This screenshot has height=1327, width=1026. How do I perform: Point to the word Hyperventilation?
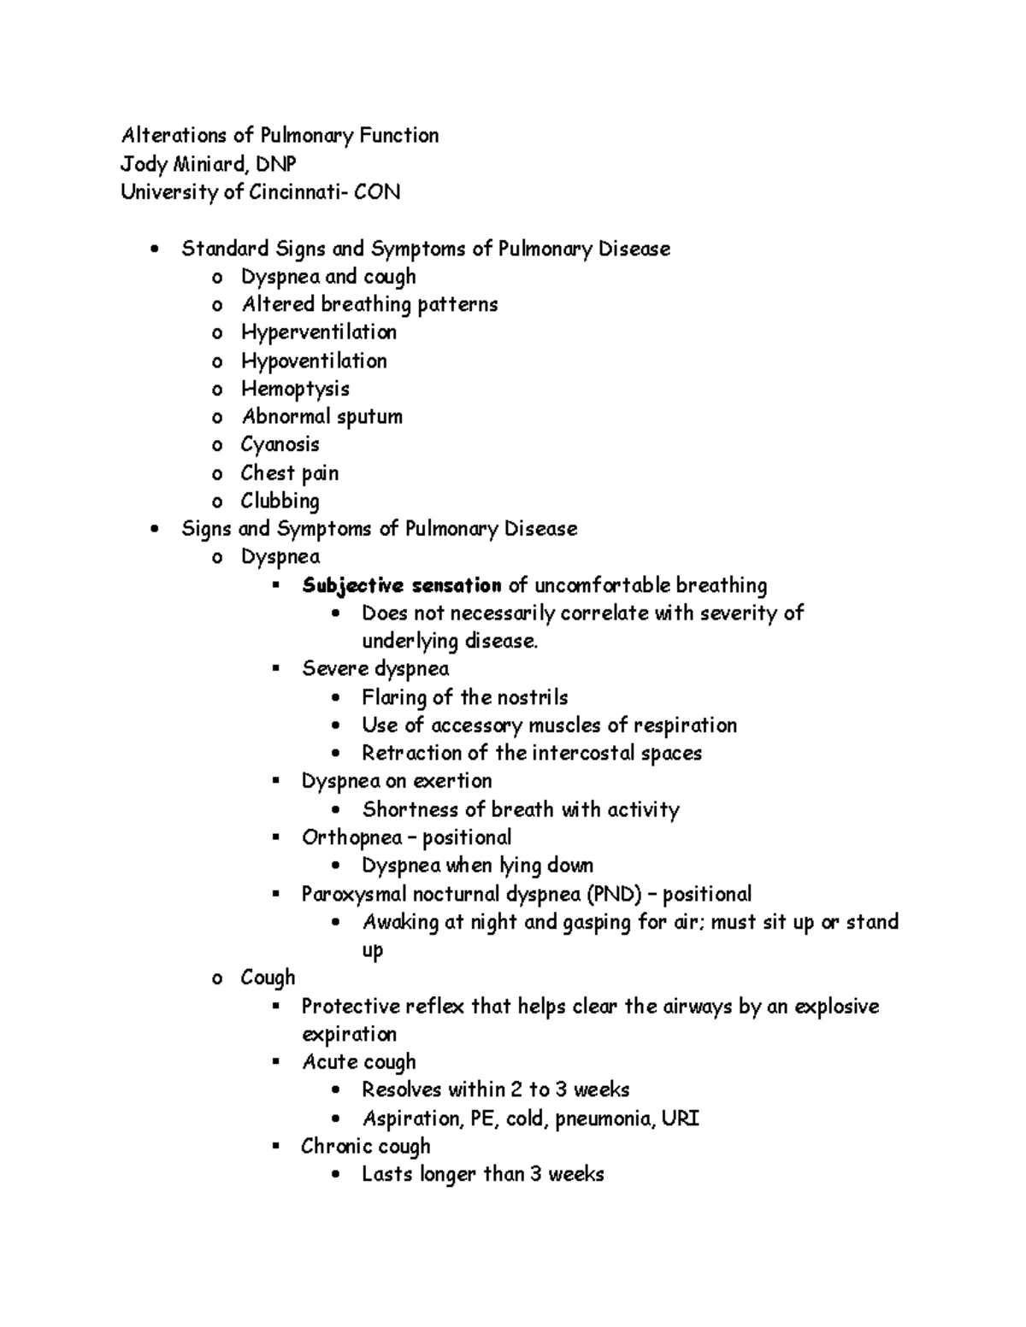click(x=318, y=332)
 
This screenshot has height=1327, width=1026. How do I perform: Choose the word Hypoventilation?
click(x=314, y=361)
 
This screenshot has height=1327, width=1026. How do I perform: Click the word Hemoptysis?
click(x=295, y=389)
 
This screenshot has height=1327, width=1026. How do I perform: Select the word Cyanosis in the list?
click(x=280, y=444)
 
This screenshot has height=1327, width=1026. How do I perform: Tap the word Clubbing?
click(x=280, y=501)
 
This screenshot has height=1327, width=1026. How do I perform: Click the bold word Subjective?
click(x=352, y=585)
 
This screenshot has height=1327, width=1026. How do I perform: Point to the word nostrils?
click(x=535, y=697)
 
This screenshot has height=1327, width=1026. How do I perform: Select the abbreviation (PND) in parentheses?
click(x=613, y=894)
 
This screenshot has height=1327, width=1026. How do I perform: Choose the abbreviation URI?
click(x=681, y=1118)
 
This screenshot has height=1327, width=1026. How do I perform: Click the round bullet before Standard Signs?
click(x=154, y=250)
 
